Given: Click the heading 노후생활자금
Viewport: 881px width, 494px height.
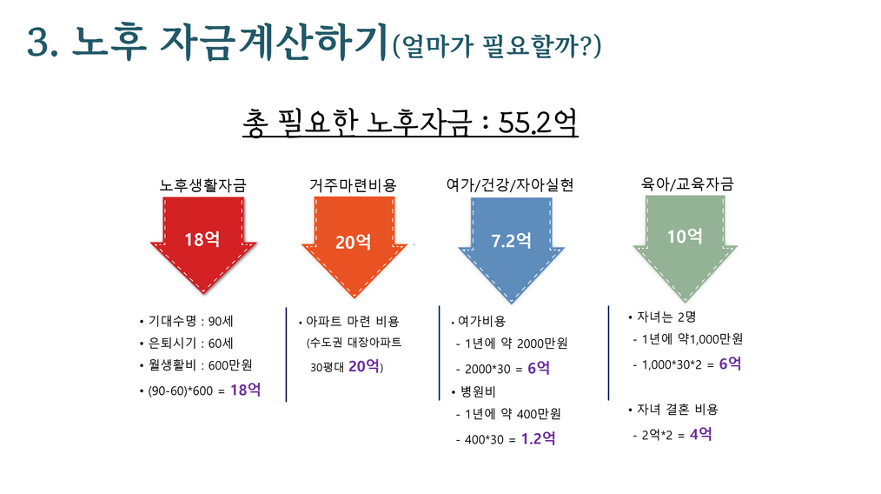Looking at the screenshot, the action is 202,185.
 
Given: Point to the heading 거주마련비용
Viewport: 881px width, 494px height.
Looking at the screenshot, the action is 353,185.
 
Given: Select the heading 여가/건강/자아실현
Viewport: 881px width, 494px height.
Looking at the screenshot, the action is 510,185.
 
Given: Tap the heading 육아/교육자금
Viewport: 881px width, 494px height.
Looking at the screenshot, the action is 687,184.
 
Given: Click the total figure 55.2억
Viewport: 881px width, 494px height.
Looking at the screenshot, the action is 538,122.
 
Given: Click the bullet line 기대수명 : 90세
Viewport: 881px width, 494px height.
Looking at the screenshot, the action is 187,321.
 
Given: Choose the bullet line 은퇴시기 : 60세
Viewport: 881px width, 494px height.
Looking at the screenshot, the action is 187,344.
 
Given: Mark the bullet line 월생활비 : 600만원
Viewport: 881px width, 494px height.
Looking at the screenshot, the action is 196,365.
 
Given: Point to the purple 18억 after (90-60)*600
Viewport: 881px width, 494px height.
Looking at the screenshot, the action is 246,390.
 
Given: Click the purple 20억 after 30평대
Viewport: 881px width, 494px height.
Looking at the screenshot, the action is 364,366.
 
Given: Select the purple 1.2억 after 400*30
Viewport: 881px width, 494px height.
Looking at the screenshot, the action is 539,438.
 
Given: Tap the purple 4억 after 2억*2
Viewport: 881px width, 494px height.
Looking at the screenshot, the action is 700,434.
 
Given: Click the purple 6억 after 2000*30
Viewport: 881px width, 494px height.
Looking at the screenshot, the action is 539,367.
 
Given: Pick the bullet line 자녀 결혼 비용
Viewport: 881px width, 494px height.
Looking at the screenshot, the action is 673,410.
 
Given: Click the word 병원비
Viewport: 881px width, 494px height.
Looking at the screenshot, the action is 478,391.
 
